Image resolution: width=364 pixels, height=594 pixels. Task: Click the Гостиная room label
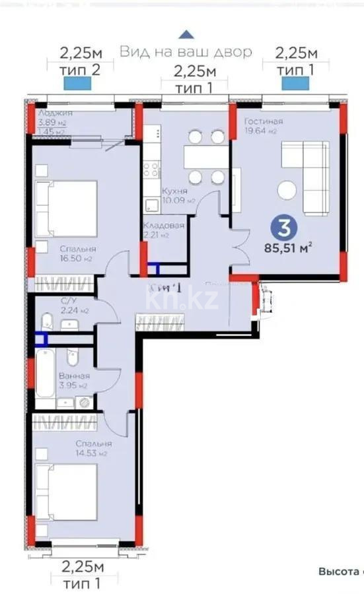[x=264, y=121]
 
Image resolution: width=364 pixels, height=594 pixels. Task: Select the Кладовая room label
[x=164, y=225]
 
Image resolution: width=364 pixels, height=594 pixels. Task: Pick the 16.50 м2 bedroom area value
[x=76, y=259]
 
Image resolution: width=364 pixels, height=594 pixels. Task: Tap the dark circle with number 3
[x=283, y=228]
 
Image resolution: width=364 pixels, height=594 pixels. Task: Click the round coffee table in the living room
[x=287, y=190]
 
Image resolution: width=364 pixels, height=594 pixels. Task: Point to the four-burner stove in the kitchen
[x=151, y=169]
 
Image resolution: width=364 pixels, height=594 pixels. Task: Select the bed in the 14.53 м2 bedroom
[x=66, y=491]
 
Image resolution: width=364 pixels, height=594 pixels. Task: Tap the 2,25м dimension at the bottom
[x=83, y=567]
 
